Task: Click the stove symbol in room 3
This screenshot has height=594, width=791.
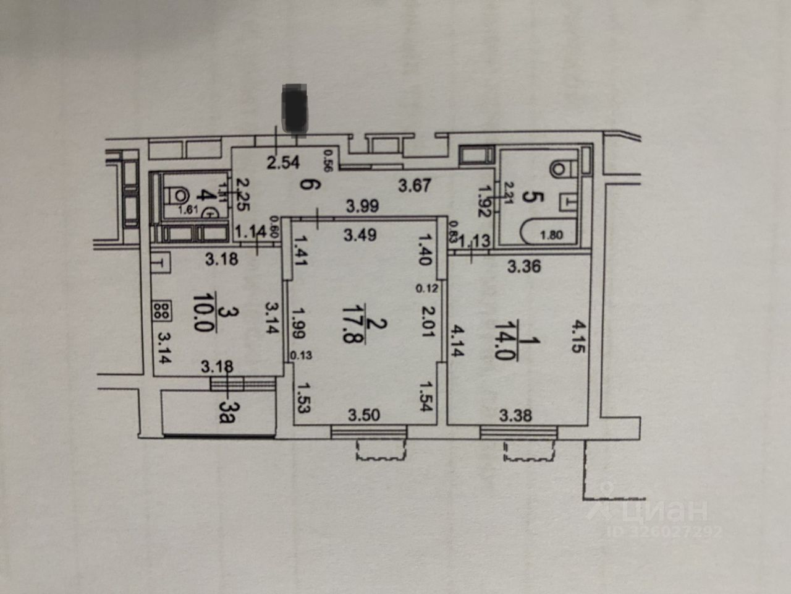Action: point(163,310)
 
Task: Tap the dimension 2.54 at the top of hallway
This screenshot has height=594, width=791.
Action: point(283,163)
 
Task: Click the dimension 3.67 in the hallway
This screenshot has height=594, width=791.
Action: point(414,185)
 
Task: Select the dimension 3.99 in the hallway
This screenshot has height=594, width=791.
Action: point(362,207)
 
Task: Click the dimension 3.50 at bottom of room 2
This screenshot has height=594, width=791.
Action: point(364,416)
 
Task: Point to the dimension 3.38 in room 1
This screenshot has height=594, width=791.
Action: point(515,416)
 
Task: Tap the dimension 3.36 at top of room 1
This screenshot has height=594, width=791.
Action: point(524,267)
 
